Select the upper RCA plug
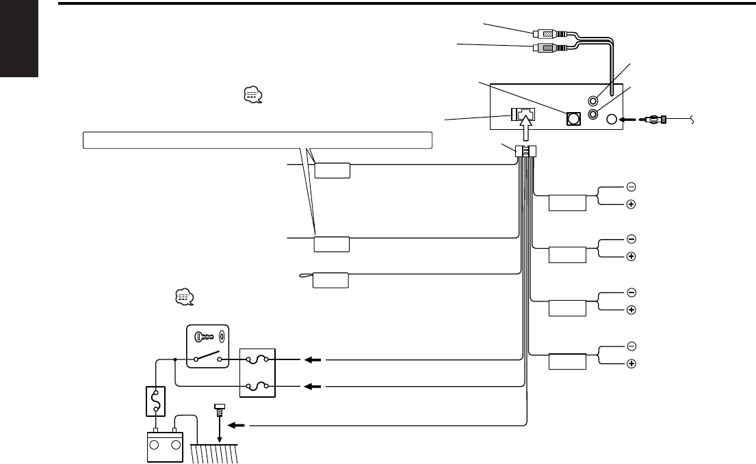(x=545, y=32)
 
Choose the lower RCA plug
(x=545, y=48)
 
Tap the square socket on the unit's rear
(x=573, y=118)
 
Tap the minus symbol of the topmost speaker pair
(x=631, y=187)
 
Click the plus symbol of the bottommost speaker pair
(x=631, y=363)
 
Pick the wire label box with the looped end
(x=330, y=279)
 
